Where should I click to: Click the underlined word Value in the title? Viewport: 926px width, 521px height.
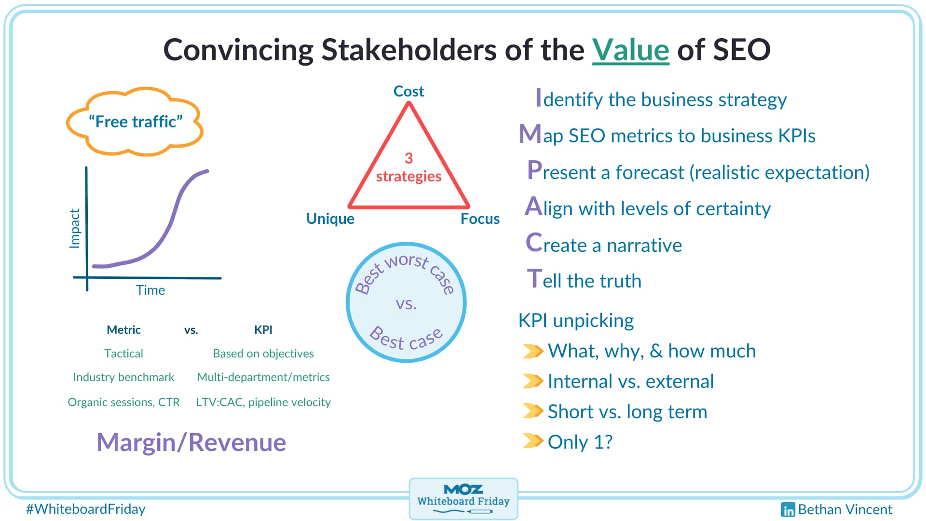tap(630, 50)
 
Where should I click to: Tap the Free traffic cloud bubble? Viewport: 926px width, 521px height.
tap(135, 122)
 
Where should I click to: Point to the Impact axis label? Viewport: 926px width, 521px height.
tap(75, 228)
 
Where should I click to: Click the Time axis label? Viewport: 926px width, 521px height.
tap(150, 290)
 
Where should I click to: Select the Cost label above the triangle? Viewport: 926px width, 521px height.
tap(409, 91)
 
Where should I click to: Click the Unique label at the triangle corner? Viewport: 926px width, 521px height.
tap(330, 219)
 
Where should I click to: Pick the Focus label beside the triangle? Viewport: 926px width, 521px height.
tap(479, 219)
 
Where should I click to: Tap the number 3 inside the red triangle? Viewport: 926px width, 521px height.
tap(409, 158)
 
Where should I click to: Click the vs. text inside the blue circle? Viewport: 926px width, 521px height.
tap(406, 304)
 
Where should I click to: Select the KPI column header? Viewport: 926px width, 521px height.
tap(263, 330)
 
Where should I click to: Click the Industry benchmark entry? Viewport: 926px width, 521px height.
tap(123, 377)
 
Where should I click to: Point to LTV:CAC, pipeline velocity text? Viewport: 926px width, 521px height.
tap(263, 402)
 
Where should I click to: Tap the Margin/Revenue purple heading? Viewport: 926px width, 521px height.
tap(191, 442)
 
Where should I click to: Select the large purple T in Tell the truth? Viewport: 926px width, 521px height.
tap(534, 279)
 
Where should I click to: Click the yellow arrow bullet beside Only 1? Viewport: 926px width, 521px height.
tap(533, 441)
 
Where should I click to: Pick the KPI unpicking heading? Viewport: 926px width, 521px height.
tap(576, 321)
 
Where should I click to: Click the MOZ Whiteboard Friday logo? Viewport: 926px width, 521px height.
tap(463, 498)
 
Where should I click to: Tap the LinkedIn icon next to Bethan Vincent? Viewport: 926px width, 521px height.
tap(788, 510)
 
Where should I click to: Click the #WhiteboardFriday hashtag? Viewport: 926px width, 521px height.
tap(86, 509)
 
